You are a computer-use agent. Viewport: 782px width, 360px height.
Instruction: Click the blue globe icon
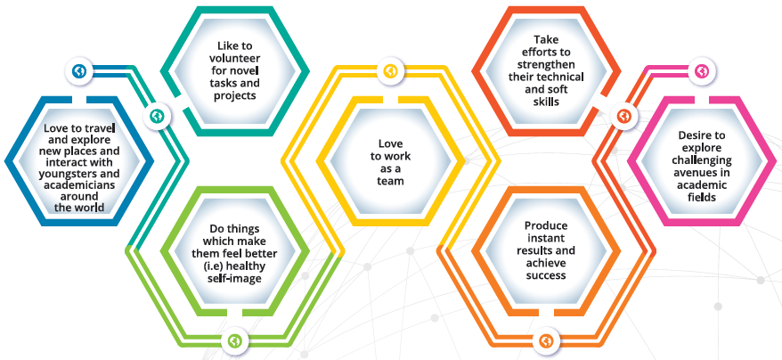coord(78,71)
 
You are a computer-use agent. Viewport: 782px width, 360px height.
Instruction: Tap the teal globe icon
coord(158,117)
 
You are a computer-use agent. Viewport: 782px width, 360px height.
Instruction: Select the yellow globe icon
coord(390,71)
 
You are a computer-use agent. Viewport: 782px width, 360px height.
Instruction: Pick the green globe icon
coord(234,341)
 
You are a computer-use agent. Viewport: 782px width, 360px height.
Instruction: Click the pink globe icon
coord(702,71)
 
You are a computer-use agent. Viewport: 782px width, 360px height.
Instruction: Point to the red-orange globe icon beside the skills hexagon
coord(623,117)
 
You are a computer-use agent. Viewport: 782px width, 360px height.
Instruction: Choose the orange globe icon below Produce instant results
coord(546,341)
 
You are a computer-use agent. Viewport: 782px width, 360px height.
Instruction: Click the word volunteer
coord(234,59)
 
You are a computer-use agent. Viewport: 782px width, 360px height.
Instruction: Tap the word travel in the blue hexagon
coord(102,127)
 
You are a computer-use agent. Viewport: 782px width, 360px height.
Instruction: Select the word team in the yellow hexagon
coord(390,181)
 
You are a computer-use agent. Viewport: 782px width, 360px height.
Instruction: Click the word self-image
coord(234,278)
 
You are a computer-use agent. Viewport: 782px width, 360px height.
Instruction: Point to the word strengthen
coord(546,64)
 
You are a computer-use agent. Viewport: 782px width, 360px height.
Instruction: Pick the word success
coord(546,275)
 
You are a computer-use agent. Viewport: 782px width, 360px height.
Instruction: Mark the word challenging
coord(702,160)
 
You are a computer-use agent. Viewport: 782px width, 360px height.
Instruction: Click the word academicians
coord(78,184)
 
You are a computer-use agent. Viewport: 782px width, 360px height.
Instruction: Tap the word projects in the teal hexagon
coord(234,95)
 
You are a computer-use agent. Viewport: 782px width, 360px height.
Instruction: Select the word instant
coord(546,238)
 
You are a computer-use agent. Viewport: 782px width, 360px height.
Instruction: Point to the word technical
coord(564,77)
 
